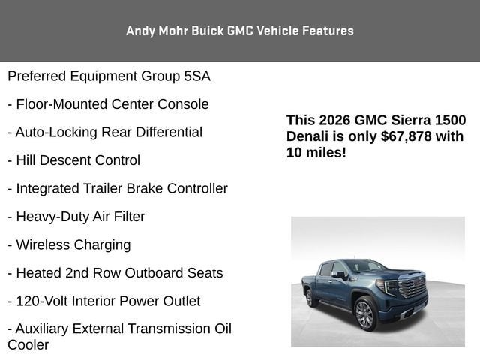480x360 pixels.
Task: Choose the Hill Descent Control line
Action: pos(73,160)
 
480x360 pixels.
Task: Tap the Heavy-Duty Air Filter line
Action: pos(76,217)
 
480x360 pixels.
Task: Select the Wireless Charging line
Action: pos(69,244)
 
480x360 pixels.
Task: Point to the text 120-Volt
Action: pos(42,301)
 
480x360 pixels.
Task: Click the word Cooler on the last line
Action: pos(28,345)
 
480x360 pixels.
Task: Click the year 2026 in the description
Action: pos(334,120)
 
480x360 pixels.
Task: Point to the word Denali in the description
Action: pos(307,136)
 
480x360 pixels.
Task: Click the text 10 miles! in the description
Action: pos(316,152)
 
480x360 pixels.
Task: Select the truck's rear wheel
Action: pos(309,298)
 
